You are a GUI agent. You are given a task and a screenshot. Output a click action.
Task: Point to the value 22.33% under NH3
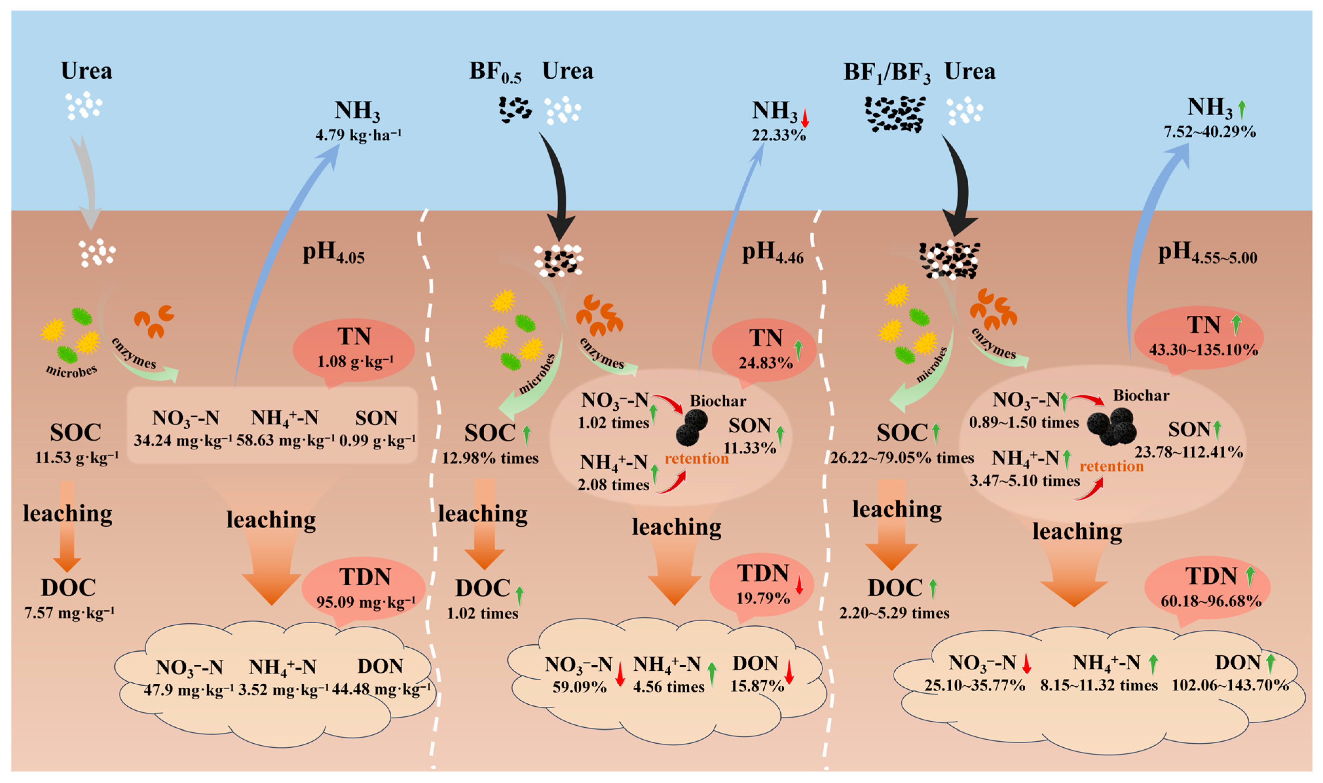[x=779, y=136]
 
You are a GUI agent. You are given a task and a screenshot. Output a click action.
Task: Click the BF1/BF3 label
[x=887, y=73]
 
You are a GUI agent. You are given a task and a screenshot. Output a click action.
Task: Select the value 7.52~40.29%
[x=1210, y=131]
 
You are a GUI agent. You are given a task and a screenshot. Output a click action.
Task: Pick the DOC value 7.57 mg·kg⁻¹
[x=69, y=612]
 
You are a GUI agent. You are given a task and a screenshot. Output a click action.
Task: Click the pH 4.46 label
[x=772, y=253]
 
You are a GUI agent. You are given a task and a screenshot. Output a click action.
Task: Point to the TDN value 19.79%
[x=763, y=598]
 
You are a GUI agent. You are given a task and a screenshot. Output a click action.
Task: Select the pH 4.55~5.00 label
[x=1207, y=254]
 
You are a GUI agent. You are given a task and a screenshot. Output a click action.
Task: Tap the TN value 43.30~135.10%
[x=1204, y=350]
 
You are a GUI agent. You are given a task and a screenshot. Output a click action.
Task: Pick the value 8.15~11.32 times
[x=1099, y=685]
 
